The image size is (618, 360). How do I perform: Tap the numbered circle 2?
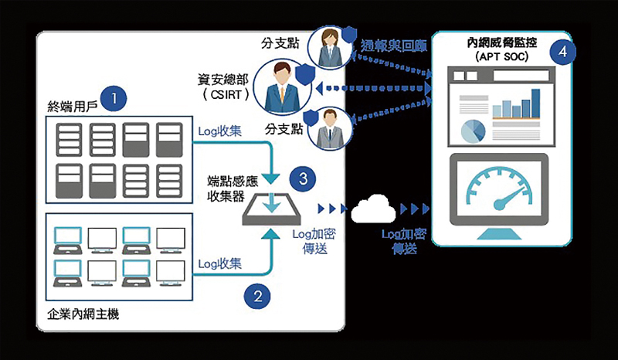pos(257,294)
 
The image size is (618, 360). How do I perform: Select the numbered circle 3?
pos(303,179)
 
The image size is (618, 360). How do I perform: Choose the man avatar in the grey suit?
pos(329,127)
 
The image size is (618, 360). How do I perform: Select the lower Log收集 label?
pos(221,263)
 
